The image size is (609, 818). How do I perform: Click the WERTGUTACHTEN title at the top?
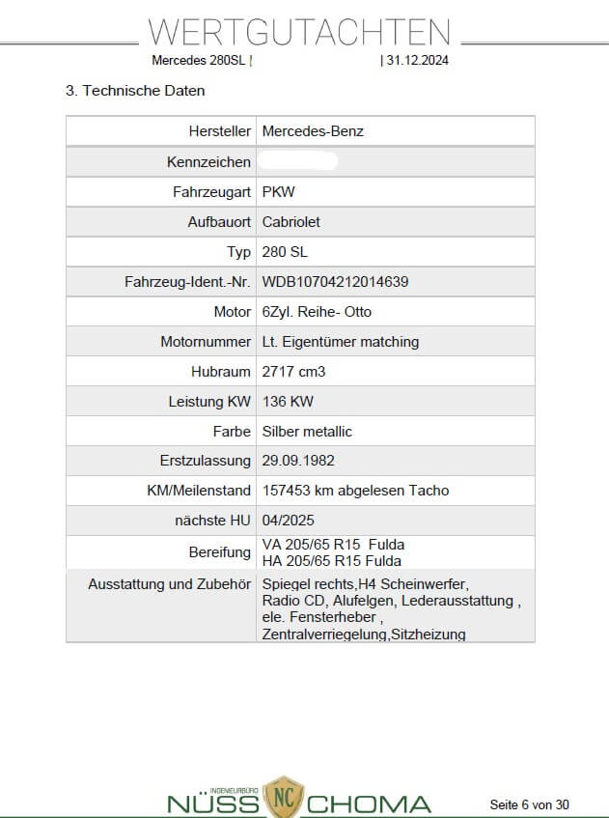click(299, 32)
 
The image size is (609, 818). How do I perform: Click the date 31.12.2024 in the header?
click(418, 60)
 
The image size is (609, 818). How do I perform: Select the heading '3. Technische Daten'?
click(135, 91)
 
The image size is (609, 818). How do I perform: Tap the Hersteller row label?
click(220, 131)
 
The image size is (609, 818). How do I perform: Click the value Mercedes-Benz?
click(313, 131)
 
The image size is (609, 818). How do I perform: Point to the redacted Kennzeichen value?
click(298, 161)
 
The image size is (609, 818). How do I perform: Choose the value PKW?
click(279, 192)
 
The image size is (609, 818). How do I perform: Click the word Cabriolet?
click(291, 222)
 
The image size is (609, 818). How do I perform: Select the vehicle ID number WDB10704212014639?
click(335, 282)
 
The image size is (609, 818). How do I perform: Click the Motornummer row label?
click(206, 342)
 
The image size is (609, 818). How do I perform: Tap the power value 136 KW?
click(288, 402)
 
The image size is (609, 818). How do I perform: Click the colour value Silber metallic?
click(307, 432)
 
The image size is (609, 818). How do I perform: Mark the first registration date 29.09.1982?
click(298, 461)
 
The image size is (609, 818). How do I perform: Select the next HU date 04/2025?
click(288, 521)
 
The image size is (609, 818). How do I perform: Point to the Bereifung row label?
click(220, 552)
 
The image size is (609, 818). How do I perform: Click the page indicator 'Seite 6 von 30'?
click(530, 804)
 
